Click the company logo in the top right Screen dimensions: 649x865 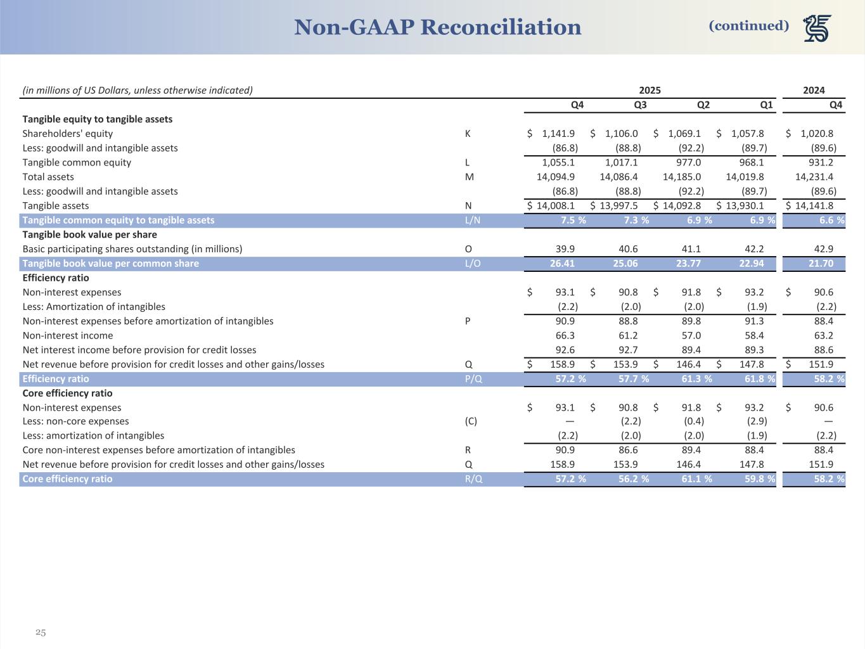[x=817, y=28]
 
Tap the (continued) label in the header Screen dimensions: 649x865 [x=748, y=25]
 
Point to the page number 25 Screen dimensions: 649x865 [x=41, y=632]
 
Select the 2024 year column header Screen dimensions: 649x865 [x=814, y=90]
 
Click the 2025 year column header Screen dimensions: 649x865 [x=650, y=90]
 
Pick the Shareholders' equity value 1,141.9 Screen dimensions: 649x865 [x=558, y=134]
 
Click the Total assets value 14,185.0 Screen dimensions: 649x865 [x=682, y=177]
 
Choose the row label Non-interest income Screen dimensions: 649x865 [x=68, y=335]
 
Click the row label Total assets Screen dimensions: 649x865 [x=48, y=177]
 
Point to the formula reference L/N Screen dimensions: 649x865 [x=473, y=220]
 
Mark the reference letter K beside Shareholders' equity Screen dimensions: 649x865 [x=468, y=134]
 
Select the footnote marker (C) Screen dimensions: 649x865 [x=471, y=421]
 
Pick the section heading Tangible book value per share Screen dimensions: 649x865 [x=89, y=235]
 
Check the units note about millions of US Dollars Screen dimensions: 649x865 [x=138, y=90]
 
